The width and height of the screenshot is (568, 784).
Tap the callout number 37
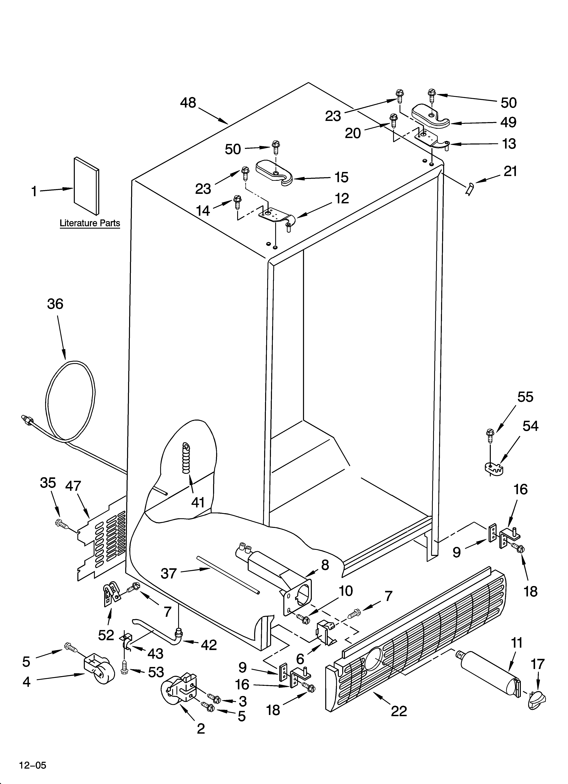(x=169, y=574)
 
